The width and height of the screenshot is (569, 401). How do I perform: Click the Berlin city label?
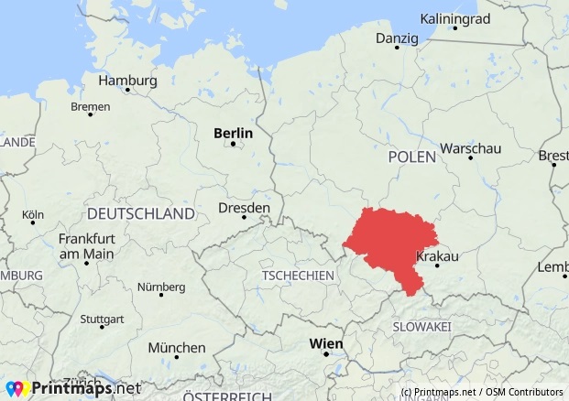233,133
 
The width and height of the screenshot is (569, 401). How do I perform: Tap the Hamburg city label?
127,80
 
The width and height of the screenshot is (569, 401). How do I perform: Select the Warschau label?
470,147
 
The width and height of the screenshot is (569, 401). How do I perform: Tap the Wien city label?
326,343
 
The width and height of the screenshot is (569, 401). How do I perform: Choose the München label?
176,348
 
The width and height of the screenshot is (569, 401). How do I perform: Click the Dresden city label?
244,209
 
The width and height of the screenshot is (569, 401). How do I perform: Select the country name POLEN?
411,157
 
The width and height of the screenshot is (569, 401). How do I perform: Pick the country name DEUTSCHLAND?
140,213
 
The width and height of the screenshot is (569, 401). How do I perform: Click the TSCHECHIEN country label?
297,276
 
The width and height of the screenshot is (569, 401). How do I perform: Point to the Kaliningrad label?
454,18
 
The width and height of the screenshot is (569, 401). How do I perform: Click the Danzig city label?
396,38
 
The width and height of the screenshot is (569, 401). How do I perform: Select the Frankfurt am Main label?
85,245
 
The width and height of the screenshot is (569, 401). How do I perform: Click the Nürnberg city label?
160,287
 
